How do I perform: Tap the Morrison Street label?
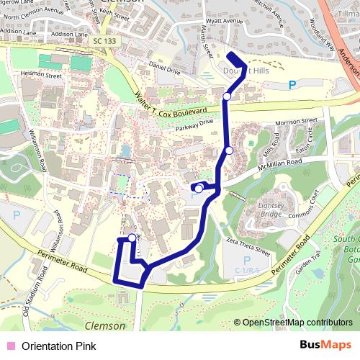295,122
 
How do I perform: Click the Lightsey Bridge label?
270,210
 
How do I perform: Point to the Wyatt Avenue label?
224,21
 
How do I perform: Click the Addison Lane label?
70,34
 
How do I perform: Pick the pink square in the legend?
9,346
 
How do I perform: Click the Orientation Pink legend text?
58,346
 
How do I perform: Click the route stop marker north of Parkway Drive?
227,96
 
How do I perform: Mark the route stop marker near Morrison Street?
228,150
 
